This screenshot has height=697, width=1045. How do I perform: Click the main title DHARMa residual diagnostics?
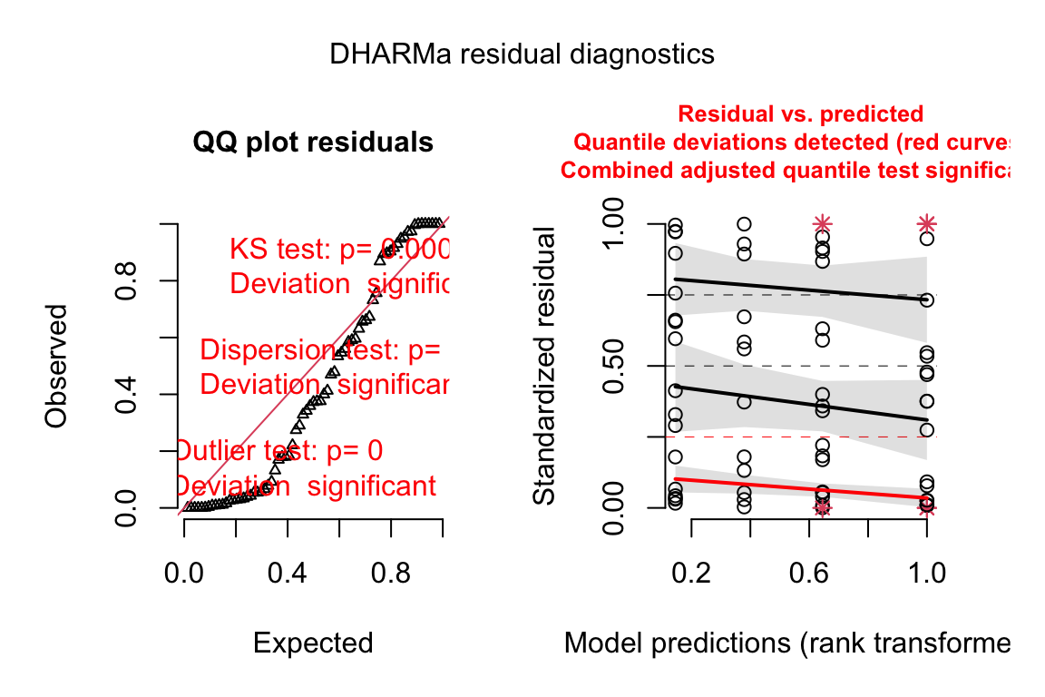(x=522, y=54)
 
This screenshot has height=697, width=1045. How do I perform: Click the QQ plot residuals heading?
(x=313, y=142)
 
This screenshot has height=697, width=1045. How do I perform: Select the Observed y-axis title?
(x=56, y=365)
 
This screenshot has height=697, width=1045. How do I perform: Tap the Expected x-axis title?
(x=313, y=643)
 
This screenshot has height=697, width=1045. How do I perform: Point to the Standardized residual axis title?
(x=544, y=365)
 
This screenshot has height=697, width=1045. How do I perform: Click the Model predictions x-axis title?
(x=786, y=643)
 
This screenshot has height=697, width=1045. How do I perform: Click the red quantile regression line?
(x=798, y=488)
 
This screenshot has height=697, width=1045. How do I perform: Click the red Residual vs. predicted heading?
(x=801, y=114)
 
